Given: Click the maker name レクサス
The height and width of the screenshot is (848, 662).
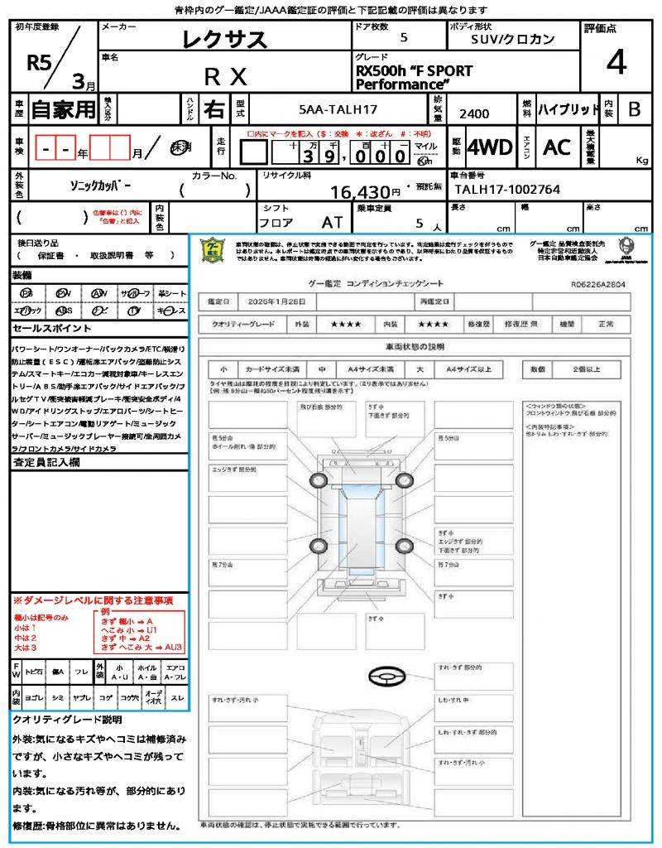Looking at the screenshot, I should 225,39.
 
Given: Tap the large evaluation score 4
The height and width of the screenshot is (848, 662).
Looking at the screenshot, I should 615,62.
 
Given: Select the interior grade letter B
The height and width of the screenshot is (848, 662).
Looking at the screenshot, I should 634,108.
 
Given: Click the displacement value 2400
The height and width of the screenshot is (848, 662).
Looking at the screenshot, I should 474,113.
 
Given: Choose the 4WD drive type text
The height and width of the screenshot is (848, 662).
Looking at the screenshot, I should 489,147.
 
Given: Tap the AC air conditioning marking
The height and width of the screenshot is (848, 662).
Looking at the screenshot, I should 557,147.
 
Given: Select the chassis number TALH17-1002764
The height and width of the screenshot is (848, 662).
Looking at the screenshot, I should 507,190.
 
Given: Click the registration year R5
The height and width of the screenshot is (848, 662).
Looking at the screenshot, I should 38,64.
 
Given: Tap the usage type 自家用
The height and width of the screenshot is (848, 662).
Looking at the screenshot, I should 64,108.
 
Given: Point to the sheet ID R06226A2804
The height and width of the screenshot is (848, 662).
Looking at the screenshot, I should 597,283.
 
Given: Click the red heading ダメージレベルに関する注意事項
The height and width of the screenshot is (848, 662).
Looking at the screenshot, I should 93,600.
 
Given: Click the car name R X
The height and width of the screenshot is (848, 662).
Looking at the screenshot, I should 225,77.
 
